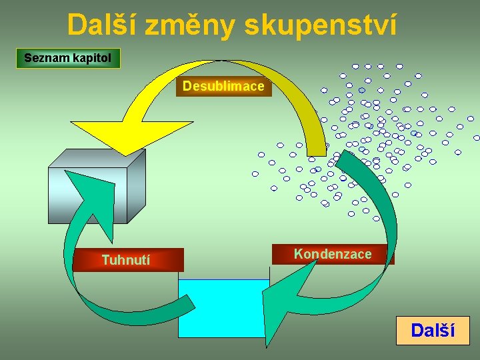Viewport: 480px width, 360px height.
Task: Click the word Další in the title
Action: (102, 25)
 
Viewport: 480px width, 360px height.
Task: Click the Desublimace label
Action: (223, 87)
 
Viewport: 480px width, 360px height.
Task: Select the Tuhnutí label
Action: (126, 260)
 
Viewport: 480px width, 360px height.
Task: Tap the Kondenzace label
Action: (333, 254)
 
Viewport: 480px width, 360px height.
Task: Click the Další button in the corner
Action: (433, 330)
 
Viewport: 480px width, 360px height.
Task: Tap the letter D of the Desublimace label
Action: (187, 87)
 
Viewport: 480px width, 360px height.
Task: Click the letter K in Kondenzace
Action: (298, 254)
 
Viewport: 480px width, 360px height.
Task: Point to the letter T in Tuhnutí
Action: (105, 260)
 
